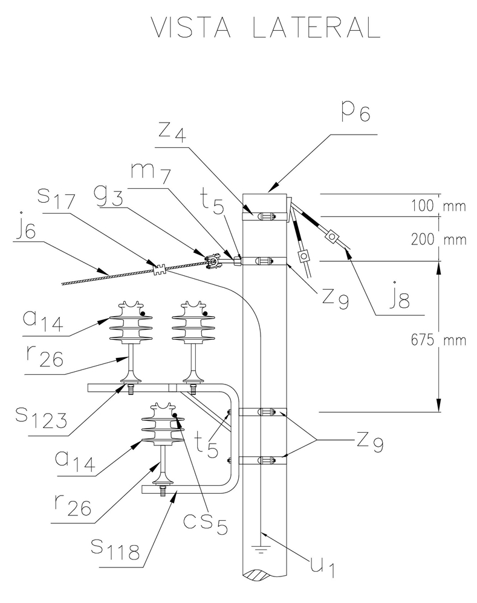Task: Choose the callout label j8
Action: pyautogui.click(x=400, y=296)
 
